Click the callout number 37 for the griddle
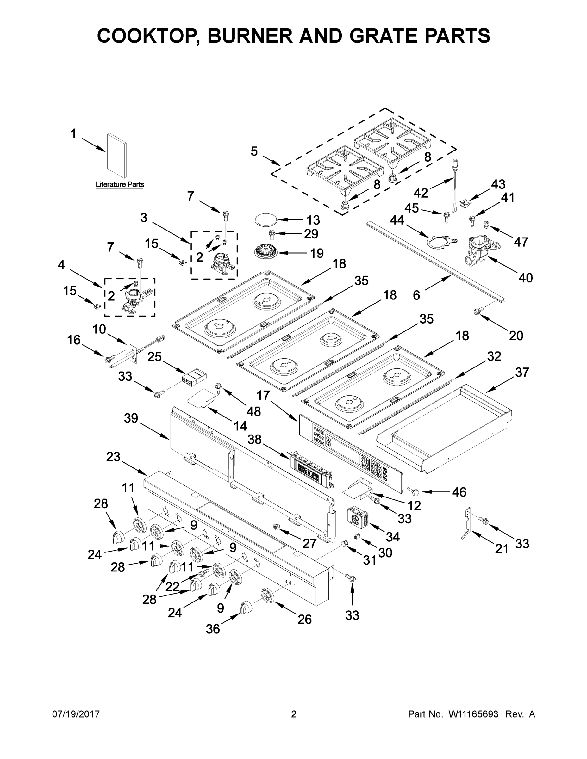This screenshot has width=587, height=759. click(x=521, y=373)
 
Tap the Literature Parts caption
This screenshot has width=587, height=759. click(x=120, y=185)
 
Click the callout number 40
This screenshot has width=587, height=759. click(x=525, y=278)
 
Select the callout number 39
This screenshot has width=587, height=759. click(x=131, y=418)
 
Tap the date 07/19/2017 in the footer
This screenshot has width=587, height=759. click(x=76, y=714)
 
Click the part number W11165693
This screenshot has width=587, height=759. click(x=473, y=714)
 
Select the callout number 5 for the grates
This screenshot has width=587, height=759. click(x=254, y=151)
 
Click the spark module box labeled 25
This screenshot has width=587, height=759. click(x=194, y=377)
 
